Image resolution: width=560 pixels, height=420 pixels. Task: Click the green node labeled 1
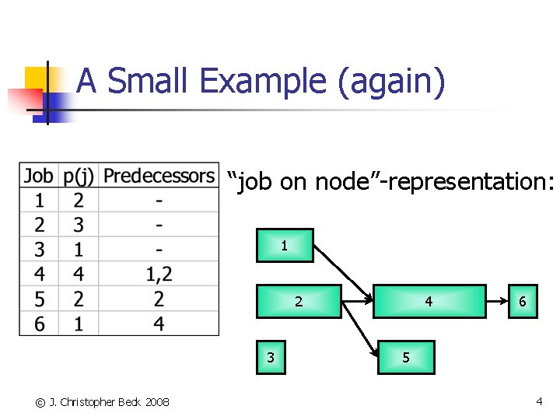[285, 245]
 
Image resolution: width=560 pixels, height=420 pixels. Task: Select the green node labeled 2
[299, 302]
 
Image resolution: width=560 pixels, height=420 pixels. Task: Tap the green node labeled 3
[271, 358]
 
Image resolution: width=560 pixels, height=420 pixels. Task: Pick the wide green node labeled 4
[429, 302]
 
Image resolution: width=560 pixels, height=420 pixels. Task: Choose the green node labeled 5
[405, 358]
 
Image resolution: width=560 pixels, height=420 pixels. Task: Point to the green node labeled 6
[523, 302]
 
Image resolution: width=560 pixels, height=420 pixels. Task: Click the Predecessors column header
[159, 176]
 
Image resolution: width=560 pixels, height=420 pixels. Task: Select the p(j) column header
[78, 176]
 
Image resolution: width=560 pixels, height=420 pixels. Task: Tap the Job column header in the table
[39, 176]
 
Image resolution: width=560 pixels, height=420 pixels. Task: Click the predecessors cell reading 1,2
[159, 274]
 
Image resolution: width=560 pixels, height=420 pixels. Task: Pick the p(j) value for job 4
[78, 274]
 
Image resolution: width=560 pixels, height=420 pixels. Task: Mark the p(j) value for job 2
[78, 225]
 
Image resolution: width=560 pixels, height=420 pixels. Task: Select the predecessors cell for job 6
[159, 324]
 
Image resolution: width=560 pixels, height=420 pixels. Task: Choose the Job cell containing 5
[39, 299]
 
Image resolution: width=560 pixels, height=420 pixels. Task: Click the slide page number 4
[539, 401]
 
